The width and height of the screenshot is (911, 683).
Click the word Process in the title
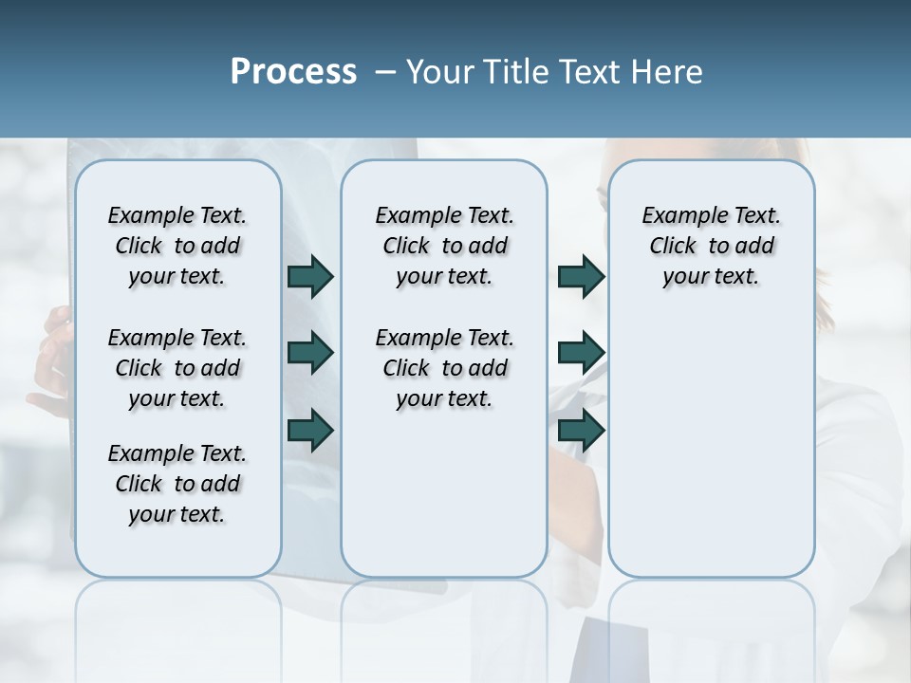293,72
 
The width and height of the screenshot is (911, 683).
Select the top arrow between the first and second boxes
310,276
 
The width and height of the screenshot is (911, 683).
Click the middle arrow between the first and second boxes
310,353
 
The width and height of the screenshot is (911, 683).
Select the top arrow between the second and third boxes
581,276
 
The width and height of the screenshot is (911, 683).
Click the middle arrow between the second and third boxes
581,353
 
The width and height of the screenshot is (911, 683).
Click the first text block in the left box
177,246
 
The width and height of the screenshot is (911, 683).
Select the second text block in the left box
177,368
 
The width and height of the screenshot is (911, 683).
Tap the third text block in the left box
177,484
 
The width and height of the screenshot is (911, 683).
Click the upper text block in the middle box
444,246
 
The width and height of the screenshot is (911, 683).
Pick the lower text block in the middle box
444,368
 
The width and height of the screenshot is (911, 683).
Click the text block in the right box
711,246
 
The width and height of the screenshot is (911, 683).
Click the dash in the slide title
385,73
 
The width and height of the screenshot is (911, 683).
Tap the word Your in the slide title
440,72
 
